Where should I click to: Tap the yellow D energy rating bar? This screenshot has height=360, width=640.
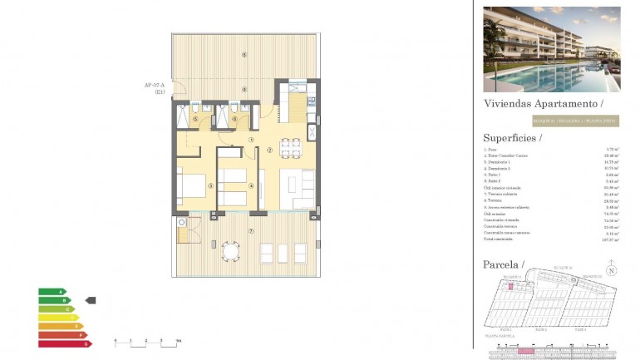(57, 318)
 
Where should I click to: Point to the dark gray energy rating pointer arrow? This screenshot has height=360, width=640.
(91, 300)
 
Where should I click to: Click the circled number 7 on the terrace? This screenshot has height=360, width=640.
(250, 229)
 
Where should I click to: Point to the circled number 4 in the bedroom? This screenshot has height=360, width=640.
(251, 185)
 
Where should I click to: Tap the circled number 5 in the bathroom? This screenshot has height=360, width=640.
(195, 119)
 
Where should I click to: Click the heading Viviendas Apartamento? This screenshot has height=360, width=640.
(543, 104)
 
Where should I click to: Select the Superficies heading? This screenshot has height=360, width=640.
(512, 138)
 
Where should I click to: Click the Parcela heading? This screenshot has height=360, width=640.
(504, 264)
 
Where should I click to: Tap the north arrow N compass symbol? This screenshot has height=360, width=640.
(611, 270)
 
